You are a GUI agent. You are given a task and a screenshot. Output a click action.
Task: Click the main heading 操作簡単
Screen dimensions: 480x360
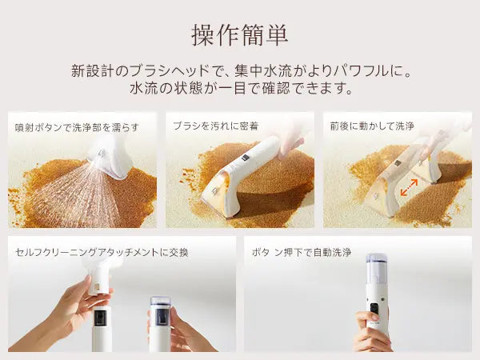(240, 35)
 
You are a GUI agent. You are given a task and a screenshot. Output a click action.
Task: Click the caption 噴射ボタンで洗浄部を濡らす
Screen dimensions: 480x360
(77, 127)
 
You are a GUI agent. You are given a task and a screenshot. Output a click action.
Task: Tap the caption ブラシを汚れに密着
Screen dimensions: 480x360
(216, 126)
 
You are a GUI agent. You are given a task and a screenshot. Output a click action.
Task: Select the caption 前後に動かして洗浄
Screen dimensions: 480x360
(372, 126)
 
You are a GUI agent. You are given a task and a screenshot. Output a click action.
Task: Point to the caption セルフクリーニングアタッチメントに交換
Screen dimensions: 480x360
(102, 252)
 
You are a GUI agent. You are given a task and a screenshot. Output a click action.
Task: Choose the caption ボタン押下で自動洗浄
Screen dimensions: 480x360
(302, 252)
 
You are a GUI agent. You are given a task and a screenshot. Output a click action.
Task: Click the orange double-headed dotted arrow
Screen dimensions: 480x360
(410, 187)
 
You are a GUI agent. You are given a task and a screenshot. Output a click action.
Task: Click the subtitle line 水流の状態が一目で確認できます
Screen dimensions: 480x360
(242, 88)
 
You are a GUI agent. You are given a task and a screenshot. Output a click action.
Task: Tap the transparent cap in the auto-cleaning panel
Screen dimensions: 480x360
(377, 270)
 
